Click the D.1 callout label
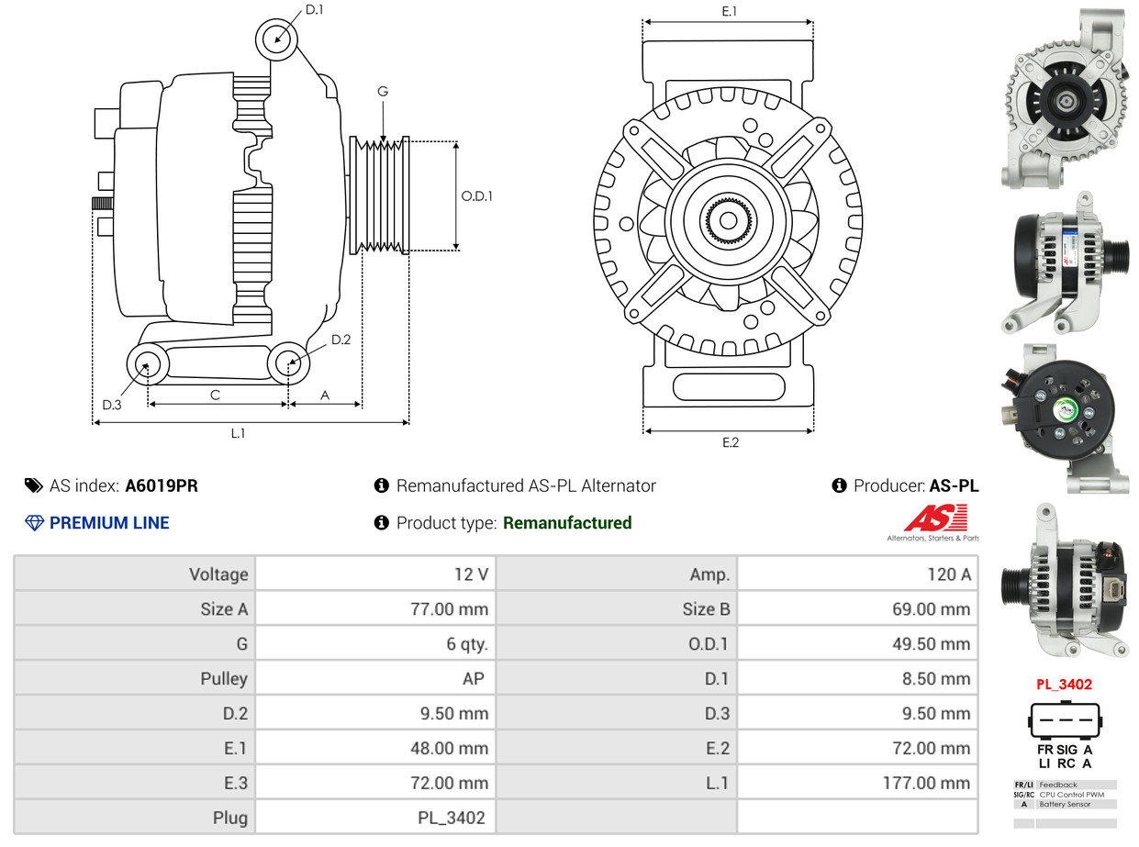tap(315, 10)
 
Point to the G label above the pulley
tap(383, 91)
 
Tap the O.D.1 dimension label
tap(476, 195)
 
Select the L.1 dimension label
tap(238, 433)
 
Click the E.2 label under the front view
tap(730, 443)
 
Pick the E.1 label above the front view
tap(730, 11)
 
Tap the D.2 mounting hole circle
tap(288, 363)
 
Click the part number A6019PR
tap(162, 486)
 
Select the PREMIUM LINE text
tap(109, 523)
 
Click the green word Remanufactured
tap(567, 523)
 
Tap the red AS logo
tap(935, 518)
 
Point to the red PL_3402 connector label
tap(1064, 685)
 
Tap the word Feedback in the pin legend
tap(1057, 785)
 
